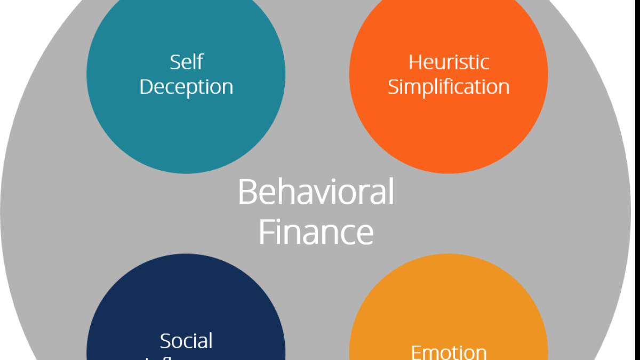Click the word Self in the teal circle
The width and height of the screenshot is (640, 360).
coord(186,62)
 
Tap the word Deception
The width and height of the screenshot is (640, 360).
coord(186,87)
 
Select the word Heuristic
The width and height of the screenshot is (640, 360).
coord(449,62)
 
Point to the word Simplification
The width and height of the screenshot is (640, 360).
coord(449,87)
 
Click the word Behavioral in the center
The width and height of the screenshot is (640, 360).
coord(316,192)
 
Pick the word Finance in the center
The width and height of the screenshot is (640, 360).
coord(316,232)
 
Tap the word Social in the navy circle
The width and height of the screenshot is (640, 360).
coord(186,341)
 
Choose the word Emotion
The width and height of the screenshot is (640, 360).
coord(449,352)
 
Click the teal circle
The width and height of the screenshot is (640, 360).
coord(186,128)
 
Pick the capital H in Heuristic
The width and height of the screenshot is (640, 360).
coord(415,62)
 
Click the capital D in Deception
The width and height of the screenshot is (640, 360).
coord(146,87)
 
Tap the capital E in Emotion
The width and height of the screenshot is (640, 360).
coord(416,352)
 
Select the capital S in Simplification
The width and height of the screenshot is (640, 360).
coord(393,87)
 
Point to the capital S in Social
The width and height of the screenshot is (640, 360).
coord(165,341)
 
